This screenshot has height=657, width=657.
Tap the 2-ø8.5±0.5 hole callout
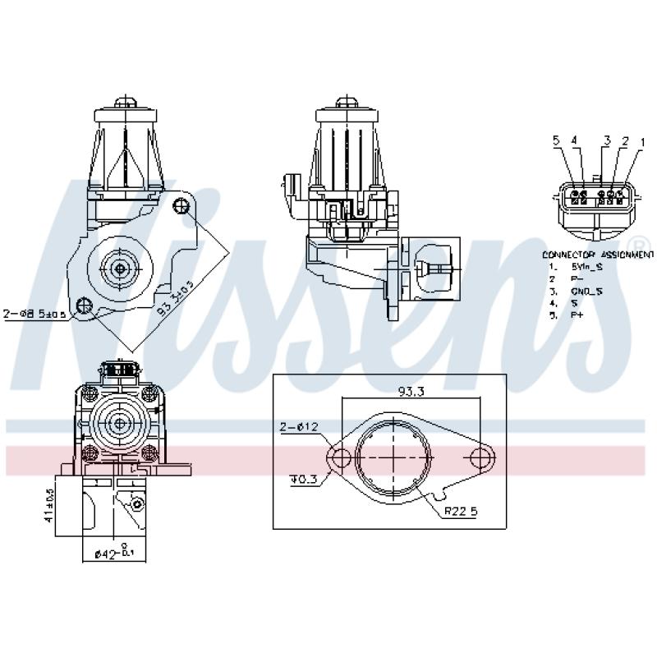(x=34, y=314)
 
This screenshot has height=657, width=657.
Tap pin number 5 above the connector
(x=556, y=142)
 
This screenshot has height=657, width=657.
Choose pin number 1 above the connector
(x=637, y=142)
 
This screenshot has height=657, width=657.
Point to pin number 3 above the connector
(x=606, y=141)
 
